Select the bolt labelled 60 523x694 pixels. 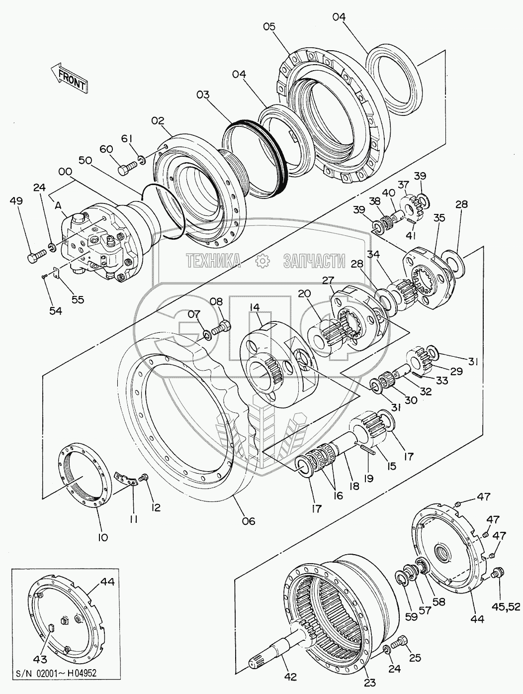[x=127, y=168]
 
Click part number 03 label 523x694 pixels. [x=203, y=95]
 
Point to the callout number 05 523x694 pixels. [x=269, y=26]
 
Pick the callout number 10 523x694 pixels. [x=102, y=537]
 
